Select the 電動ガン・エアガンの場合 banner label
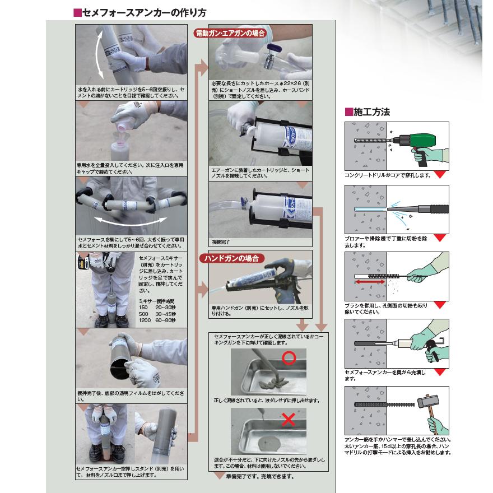(230, 33)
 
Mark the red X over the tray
(289, 420)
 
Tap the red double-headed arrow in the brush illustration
(371, 283)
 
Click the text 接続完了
(221, 242)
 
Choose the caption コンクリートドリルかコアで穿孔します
(388, 175)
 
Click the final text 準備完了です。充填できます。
(259, 477)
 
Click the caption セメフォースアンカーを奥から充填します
(387, 375)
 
